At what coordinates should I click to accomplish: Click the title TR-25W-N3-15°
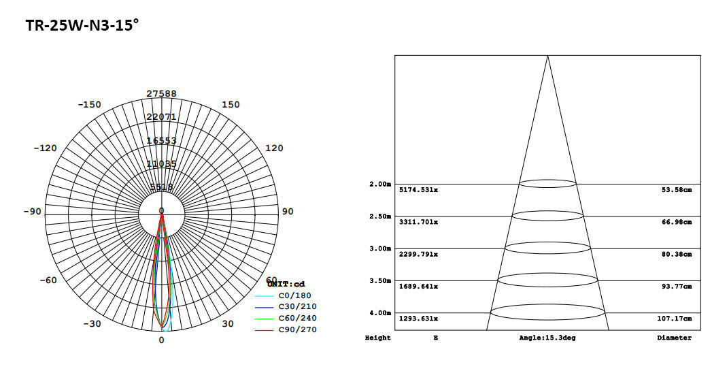[x=82, y=26]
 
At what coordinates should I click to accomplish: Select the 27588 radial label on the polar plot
[x=161, y=93]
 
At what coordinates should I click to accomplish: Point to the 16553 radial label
[x=161, y=140]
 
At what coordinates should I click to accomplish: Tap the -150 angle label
[x=89, y=104]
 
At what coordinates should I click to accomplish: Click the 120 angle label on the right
[x=273, y=148]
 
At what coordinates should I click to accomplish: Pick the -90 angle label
[x=31, y=211]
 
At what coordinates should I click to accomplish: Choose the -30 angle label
[x=92, y=323]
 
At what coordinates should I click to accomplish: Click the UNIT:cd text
[x=286, y=284]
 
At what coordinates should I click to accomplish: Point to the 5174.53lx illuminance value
[x=418, y=189]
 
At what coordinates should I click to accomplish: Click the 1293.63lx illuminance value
[x=418, y=318]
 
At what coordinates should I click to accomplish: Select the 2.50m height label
[x=379, y=216]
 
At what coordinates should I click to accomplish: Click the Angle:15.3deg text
[x=547, y=338]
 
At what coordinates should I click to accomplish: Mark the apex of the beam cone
[x=547, y=56]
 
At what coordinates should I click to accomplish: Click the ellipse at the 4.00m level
[x=547, y=312]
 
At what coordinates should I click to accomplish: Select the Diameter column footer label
[x=674, y=338]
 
